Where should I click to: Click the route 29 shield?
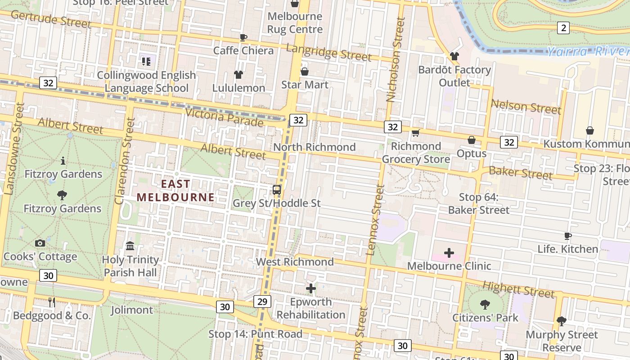click(x=262, y=301)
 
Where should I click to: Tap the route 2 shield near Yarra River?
click(x=563, y=28)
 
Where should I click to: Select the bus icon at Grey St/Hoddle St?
click(x=277, y=190)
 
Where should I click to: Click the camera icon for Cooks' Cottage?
click(x=40, y=243)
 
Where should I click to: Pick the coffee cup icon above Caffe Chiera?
click(x=243, y=37)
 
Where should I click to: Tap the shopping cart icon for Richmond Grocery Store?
click(x=416, y=133)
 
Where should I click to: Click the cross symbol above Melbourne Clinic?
click(x=449, y=253)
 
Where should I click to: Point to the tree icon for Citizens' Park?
click(x=485, y=305)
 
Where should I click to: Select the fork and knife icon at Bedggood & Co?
click(x=52, y=302)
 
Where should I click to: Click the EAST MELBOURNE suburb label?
click(x=175, y=190)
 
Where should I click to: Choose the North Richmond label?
click(x=314, y=147)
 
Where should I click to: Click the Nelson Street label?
click(x=526, y=107)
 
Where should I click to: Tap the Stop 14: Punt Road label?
click(x=255, y=334)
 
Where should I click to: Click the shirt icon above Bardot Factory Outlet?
click(x=454, y=56)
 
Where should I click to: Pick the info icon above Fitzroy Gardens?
click(x=63, y=161)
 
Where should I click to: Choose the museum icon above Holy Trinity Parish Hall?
click(x=130, y=246)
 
